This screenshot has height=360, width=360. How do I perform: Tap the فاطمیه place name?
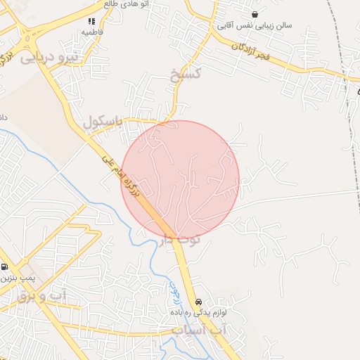pyautogui.click(x=92, y=32)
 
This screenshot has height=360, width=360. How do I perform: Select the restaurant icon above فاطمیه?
pyautogui.click(x=92, y=21)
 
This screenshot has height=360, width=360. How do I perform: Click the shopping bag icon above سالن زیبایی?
pyautogui.click(x=254, y=15)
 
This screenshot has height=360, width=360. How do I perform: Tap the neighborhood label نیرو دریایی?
pyautogui.click(x=46, y=58)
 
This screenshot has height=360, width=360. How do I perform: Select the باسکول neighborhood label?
pyautogui.click(x=103, y=122)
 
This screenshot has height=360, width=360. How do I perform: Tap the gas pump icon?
pyautogui.click(x=5, y=267)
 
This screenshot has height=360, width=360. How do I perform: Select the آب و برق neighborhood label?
pyautogui.click(x=41, y=297)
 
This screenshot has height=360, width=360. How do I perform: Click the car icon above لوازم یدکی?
pyautogui.click(x=198, y=300)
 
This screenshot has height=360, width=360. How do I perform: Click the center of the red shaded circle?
pyautogui.click(x=180, y=179)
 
